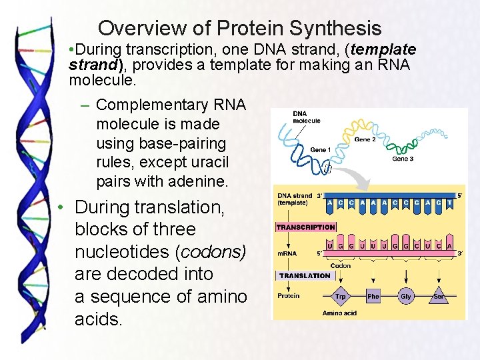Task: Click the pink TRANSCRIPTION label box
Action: tap(305, 227)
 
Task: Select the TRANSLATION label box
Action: tap(305, 275)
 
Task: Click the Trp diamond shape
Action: tap(341, 296)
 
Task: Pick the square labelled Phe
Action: tap(373, 296)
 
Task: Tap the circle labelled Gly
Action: tap(405, 296)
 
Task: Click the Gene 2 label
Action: tap(365, 139)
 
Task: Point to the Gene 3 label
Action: tap(403, 159)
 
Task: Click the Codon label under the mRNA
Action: tap(340, 265)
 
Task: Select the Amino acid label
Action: tap(340, 313)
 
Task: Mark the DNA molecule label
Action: tap(307, 117)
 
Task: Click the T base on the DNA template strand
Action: tap(449, 202)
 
